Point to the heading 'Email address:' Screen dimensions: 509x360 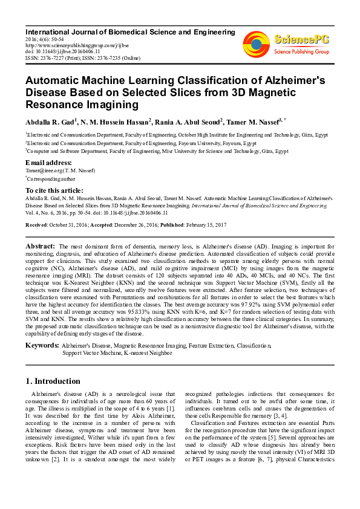tap(48, 163)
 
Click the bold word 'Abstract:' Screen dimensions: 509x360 tap(40, 247)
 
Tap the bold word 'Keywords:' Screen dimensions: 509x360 tap(41, 345)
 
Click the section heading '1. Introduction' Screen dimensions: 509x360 tap(53, 381)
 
